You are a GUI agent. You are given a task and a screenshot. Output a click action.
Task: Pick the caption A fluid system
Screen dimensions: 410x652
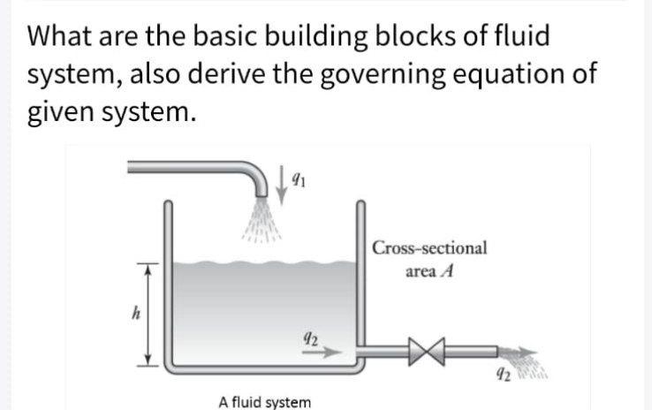[264, 401]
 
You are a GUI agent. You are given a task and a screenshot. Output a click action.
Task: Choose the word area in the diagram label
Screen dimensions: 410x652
[421, 271]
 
